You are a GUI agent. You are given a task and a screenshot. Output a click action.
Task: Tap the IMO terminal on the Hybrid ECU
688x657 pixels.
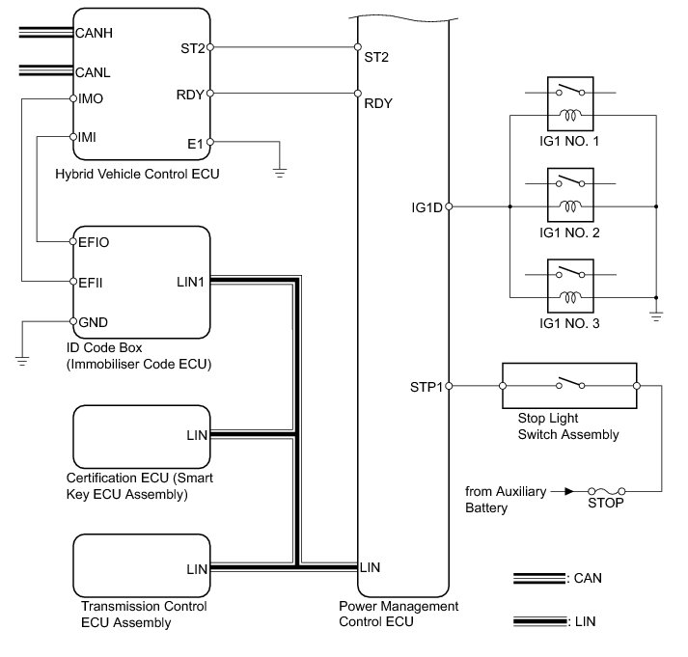[91, 98]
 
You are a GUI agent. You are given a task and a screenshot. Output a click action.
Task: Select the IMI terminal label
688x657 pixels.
[87, 137]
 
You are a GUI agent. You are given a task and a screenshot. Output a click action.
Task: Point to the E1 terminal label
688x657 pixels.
[196, 143]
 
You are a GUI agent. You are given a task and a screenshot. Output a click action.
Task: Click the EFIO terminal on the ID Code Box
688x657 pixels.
[94, 243]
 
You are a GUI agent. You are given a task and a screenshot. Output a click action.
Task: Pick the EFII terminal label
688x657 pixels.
[91, 283]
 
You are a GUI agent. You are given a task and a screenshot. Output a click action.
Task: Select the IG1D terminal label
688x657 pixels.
[426, 206]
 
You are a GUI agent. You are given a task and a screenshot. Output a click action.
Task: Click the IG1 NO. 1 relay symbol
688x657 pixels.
[569, 106]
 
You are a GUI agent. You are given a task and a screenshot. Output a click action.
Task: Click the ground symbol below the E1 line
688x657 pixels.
[280, 171]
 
